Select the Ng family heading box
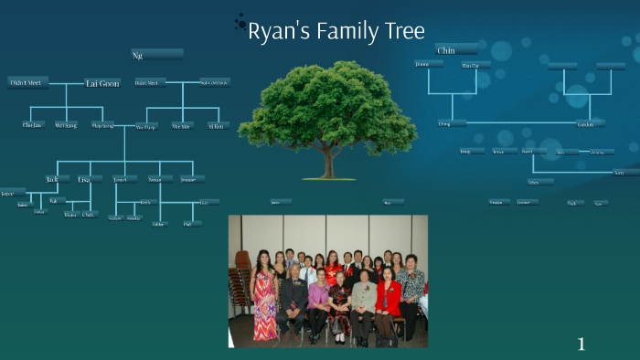tap(156, 55)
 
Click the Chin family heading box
tap(455, 50)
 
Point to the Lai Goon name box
tap(102, 83)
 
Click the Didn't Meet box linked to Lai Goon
tap(27, 82)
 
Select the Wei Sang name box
tap(66, 124)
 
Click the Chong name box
tap(450, 122)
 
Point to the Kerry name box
tap(624, 172)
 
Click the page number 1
tap(581, 344)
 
